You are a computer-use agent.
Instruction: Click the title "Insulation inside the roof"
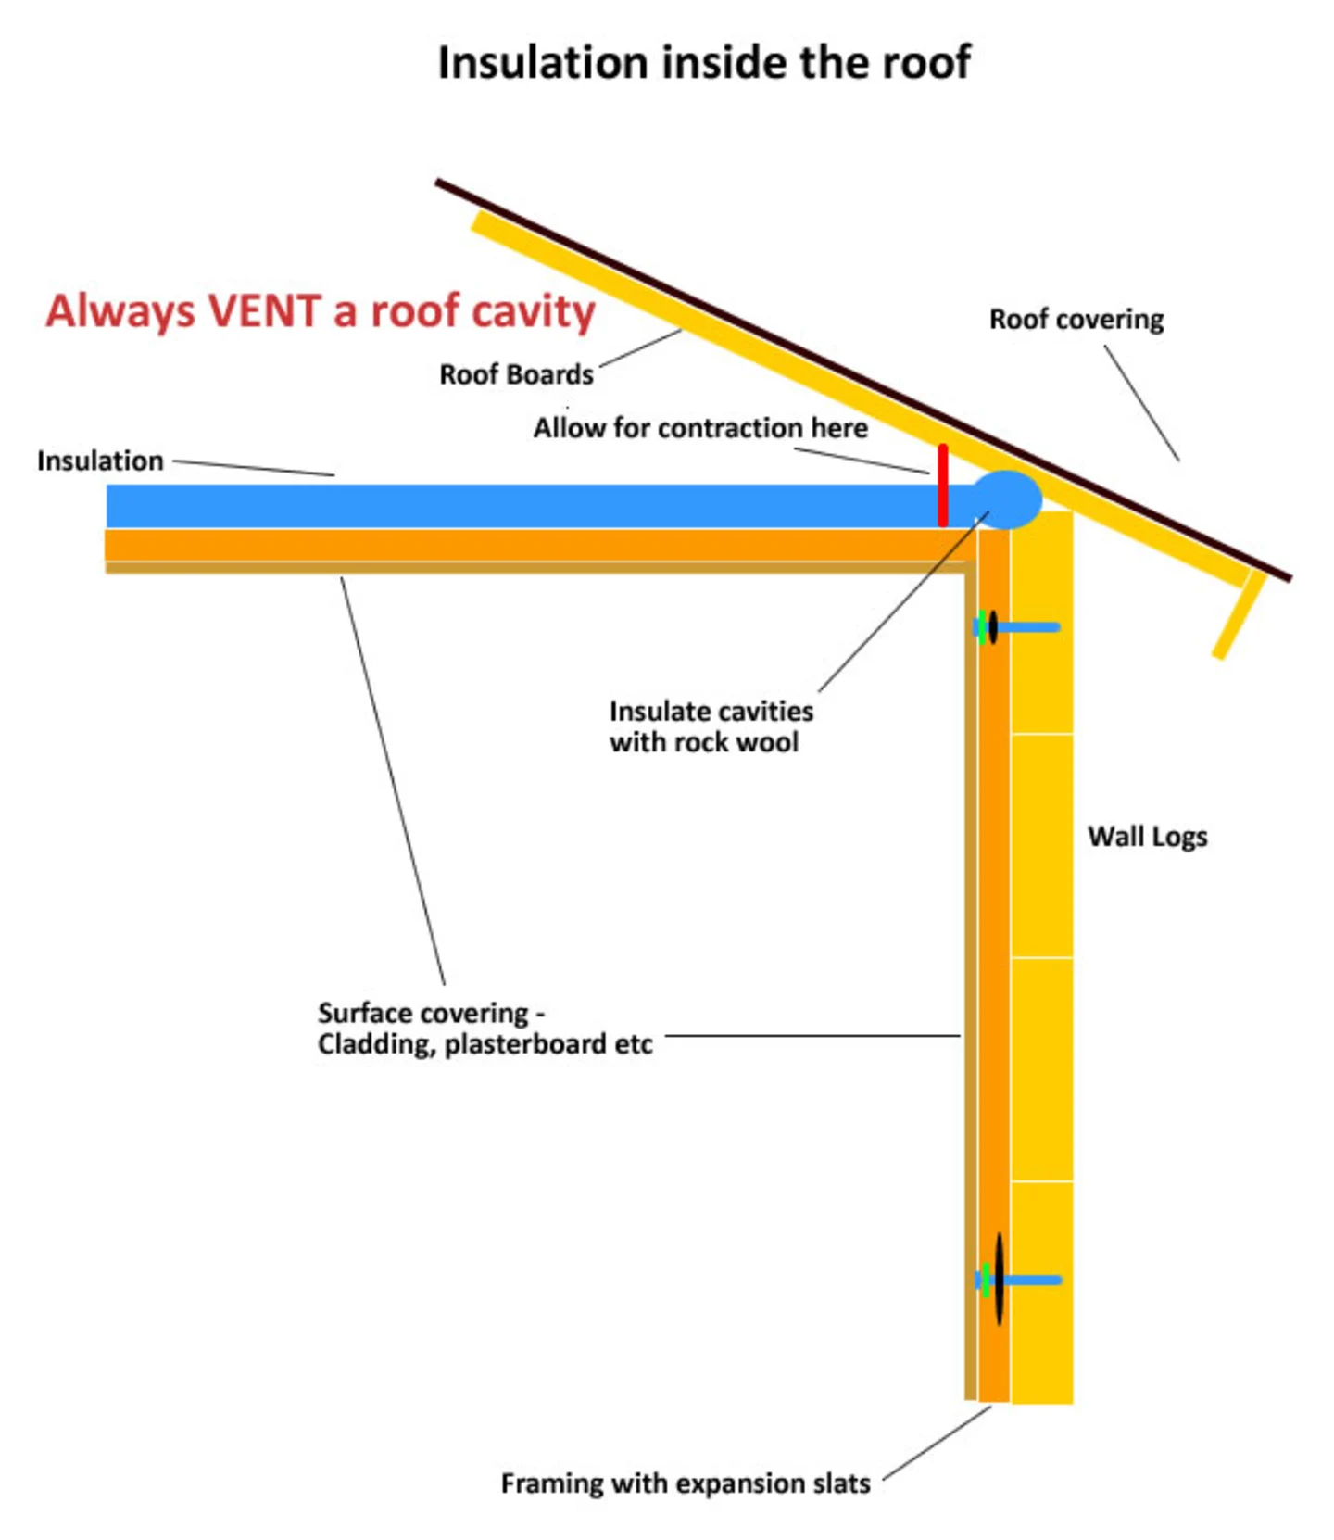(x=704, y=63)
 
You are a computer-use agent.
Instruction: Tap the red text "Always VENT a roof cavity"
(x=321, y=311)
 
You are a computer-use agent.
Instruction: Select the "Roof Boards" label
(x=516, y=374)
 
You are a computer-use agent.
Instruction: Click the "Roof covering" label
(x=1076, y=319)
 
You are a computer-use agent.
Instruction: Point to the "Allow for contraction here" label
(x=700, y=428)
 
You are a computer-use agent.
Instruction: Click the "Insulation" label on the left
(x=100, y=461)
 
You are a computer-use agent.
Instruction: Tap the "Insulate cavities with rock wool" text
(x=711, y=726)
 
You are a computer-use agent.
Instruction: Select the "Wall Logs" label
(x=1147, y=836)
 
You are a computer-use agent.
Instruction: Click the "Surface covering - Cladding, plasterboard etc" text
(x=485, y=1029)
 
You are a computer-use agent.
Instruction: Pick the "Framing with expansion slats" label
(x=686, y=1483)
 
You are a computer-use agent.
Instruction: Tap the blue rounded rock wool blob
(x=1006, y=499)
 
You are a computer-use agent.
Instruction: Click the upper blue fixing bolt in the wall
(x=1028, y=627)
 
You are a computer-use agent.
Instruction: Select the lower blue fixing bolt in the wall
(x=1030, y=1280)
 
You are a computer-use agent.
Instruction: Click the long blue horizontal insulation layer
(x=519, y=506)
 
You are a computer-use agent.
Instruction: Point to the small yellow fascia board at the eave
(x=1239, y=615)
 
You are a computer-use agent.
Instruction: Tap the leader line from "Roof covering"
(x=1141, y=403)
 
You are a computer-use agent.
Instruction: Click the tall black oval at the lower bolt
(x=999, y=1279)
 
